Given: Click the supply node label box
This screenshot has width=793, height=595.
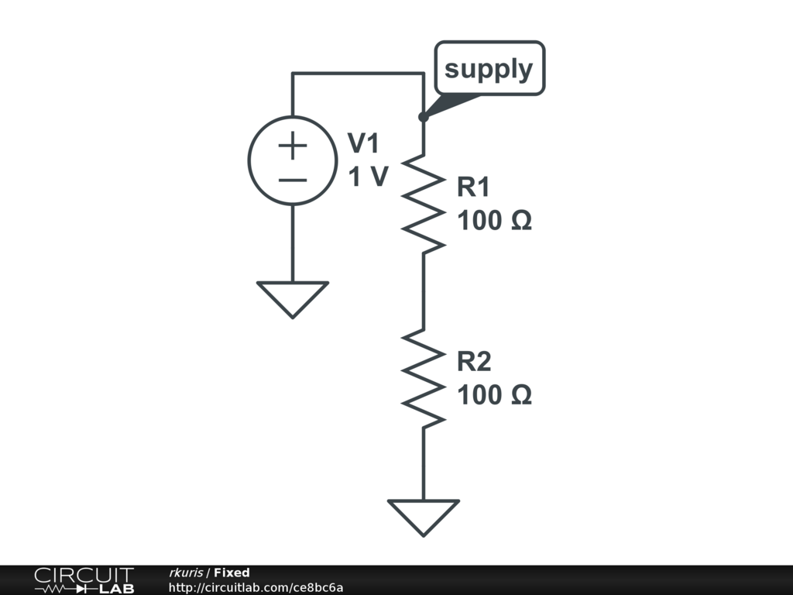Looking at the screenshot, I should tap(489, 69).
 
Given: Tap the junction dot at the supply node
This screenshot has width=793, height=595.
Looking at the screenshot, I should tap(423, 117).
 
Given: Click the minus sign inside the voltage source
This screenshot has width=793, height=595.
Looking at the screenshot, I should tap(292, 181).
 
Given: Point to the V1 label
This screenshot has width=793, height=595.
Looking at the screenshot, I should tap(364, 143).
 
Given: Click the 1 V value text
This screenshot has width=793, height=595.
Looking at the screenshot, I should tap(367, 177).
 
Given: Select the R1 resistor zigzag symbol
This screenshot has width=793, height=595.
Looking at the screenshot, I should tap(424, 203).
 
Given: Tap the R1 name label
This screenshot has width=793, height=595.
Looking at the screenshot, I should tap(474, 187).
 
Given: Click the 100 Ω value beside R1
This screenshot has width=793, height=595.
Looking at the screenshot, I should tap(494, 222).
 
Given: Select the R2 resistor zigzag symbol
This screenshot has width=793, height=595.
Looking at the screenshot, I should tap(424, 377).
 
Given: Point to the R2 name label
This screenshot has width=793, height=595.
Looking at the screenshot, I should tap(474, 362).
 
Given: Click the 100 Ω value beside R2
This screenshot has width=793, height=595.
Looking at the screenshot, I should tap(494, 396).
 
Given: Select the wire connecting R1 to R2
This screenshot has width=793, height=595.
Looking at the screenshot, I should tap(424, 291).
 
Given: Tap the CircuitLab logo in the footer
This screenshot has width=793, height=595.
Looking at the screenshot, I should tap(84, 580).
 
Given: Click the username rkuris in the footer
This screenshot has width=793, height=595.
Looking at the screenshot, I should tap(186, 573).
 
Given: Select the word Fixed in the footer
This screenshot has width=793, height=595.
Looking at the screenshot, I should tap(232, 573).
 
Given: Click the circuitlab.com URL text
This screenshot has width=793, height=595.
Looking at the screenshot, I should tap(256, 587).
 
